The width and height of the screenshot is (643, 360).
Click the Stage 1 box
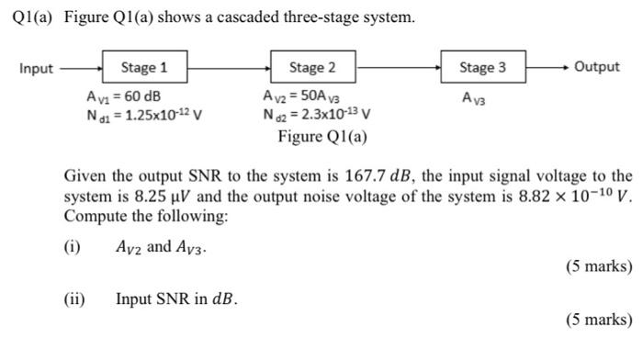[x=144, y=67]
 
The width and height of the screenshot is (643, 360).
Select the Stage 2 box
[x=312, y=67]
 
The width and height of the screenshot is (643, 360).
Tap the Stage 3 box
[x=482, y=67]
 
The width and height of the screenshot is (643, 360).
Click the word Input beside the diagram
[x=36, y=68]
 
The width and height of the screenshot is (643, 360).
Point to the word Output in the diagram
[x=596, y=67]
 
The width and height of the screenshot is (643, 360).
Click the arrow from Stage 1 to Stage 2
[x=228, y=67]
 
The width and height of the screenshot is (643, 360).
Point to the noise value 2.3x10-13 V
[x=317, y=115]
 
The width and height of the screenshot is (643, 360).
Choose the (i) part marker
[x=72, y=246]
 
